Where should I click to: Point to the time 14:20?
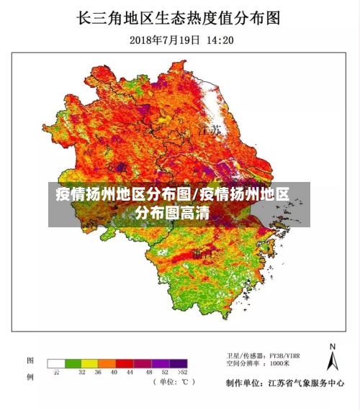coord(220,40)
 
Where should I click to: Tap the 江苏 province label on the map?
coord(210,132)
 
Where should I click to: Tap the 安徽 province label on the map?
coord(116,167)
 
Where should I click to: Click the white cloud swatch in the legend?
coord(56,363)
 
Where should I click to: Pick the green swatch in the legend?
coord(73,363)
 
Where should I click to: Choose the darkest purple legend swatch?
coord(180,363)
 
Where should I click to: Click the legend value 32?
coord(81,373)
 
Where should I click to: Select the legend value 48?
coord(149,373)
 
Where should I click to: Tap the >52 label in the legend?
coord(182,373)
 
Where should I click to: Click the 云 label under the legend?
coord(56,373)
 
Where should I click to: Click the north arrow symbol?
coord(332,357)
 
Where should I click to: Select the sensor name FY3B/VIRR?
coord(287,355)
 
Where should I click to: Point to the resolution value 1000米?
coord(280,365)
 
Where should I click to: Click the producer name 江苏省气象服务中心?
coord(305,383)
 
